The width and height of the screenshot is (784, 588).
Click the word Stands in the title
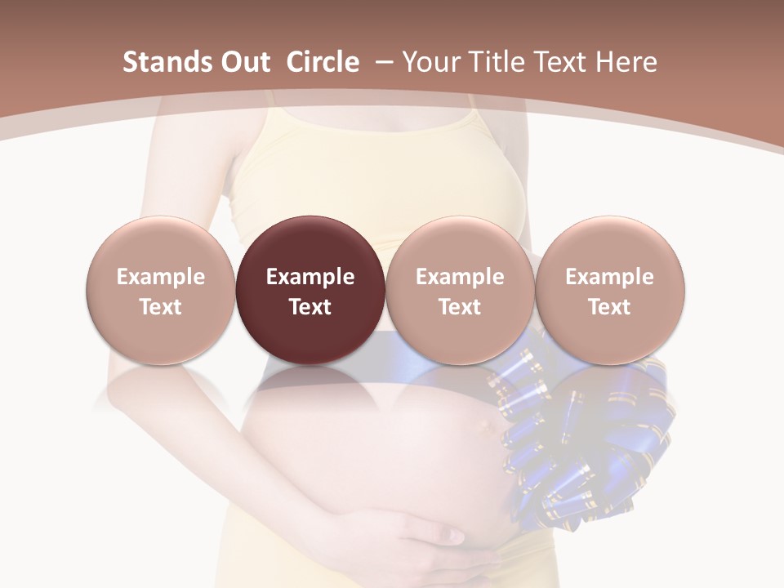[166, 62]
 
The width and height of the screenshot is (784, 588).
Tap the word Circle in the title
[323, 62]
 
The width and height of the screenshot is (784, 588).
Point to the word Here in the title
[625, 62]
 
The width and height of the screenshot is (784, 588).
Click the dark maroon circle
[310, 290]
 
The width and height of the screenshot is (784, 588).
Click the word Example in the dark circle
[310, 277]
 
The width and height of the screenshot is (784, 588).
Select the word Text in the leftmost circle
[160, 307]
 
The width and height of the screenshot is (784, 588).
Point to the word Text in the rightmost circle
[609, 307]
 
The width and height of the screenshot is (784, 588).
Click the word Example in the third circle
[460, 277]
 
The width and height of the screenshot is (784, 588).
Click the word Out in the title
[244, 62]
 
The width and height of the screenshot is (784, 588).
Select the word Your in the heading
[430, 62]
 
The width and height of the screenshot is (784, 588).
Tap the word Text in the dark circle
[310, 307]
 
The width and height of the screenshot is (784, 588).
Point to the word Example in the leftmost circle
[160, 277]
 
